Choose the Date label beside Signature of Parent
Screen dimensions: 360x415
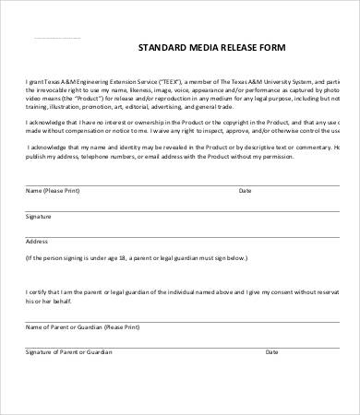coord(271,351)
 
